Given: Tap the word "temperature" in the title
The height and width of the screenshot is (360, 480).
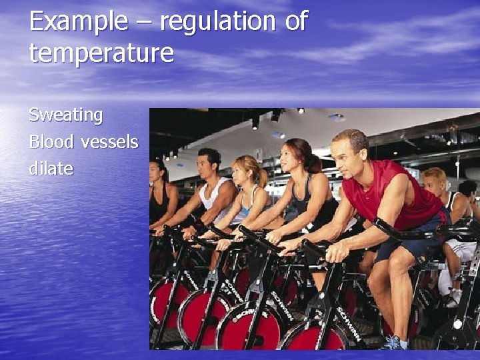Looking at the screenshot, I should [x=101, y=53].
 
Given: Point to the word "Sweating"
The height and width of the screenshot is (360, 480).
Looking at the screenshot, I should [x=65, y=115].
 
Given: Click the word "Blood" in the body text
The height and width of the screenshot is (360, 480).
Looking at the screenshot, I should [x=51, y=142].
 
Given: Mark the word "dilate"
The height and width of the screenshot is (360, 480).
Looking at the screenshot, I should [x=51, y=169].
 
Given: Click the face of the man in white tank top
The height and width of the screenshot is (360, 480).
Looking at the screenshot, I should [x=208, y=164].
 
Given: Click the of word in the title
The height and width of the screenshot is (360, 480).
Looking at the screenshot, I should [x=296, y=22].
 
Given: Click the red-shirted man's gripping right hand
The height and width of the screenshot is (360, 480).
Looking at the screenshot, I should [x=337, y=251].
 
